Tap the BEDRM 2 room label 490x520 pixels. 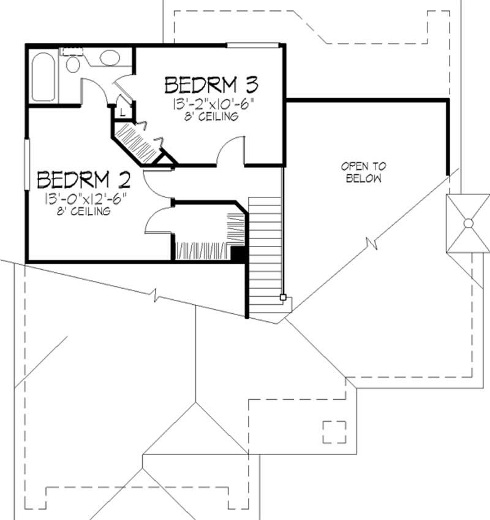pyautogui.click(x=84, y=180)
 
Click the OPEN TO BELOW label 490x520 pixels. pyautogui.click(x=363, y=172)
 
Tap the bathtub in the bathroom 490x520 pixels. pyautogui.click(x=42, y=77)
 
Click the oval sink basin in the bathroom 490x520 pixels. pyautogui.click(x=110, y=58)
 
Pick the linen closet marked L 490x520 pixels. pyautogui.click(x=123, y=112)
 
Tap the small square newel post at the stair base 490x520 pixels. pyautogui.click(x=283, y=297)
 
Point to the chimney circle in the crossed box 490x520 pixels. pyautogui.click(x=468, y=223)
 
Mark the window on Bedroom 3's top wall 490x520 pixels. pyautogui.click(x=252, y=45)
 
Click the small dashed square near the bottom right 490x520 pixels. pyautogui.click(x=334, y=431)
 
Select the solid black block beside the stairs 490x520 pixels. pyautogui.click(x=238, y=254)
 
